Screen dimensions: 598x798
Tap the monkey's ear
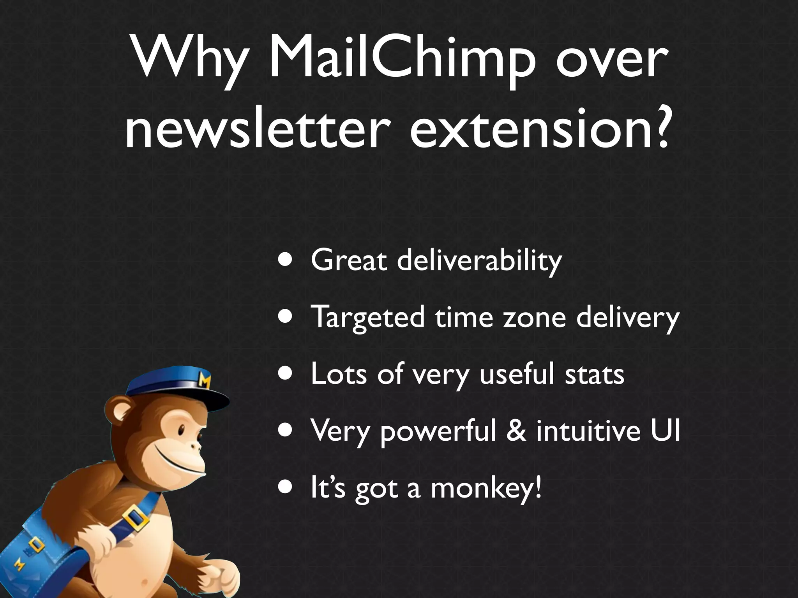pos(117,411)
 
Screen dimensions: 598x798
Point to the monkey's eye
pos(182,430)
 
